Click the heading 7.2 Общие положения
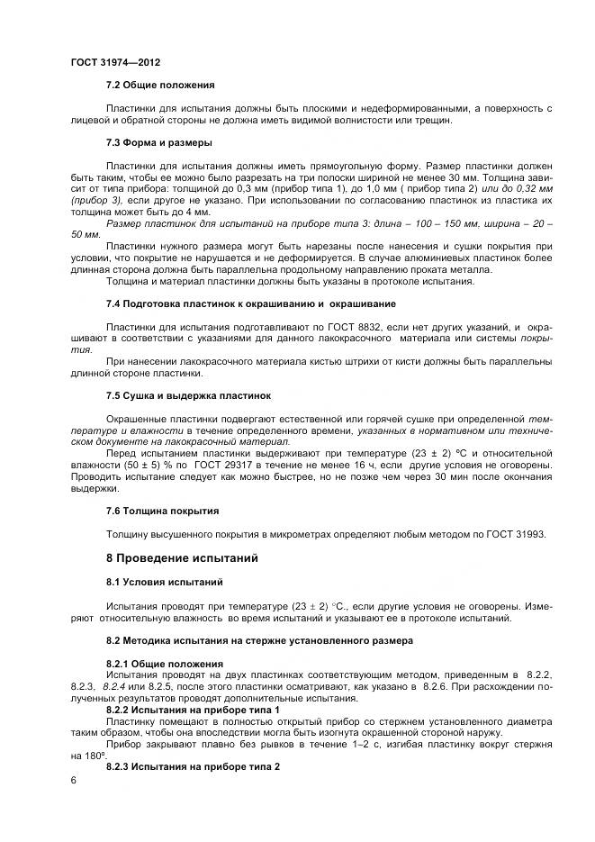[160, 86]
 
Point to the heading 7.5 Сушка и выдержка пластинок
[188, 395]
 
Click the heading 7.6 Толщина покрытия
[162, 511]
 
